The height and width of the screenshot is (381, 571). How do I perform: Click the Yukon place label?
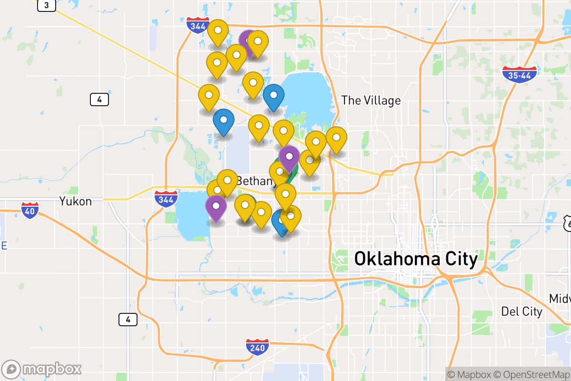[76, 201]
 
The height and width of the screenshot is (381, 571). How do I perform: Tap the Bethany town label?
[255, 181]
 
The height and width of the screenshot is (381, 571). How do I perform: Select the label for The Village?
[371, 100]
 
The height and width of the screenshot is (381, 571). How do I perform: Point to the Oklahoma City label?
[416, 259]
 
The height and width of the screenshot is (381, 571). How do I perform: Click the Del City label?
[522, 312]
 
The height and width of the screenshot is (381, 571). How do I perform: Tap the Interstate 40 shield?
[30, 210]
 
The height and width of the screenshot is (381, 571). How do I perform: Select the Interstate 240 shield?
[257, 347]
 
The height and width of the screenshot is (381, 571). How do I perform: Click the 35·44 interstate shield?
[520, 75]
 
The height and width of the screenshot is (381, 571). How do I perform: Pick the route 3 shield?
[46, 5]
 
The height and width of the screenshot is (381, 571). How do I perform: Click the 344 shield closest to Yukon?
[166, 198]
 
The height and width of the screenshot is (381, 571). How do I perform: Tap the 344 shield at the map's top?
[197, 25]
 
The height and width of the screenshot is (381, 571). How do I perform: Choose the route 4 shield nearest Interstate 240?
[128, 320]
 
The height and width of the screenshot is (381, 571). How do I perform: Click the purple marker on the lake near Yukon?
[216, 207]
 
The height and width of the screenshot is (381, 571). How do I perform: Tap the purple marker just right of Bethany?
[289, 157]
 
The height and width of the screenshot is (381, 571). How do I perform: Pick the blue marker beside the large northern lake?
[274, 96]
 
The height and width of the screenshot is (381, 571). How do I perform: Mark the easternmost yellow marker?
[336, 139]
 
